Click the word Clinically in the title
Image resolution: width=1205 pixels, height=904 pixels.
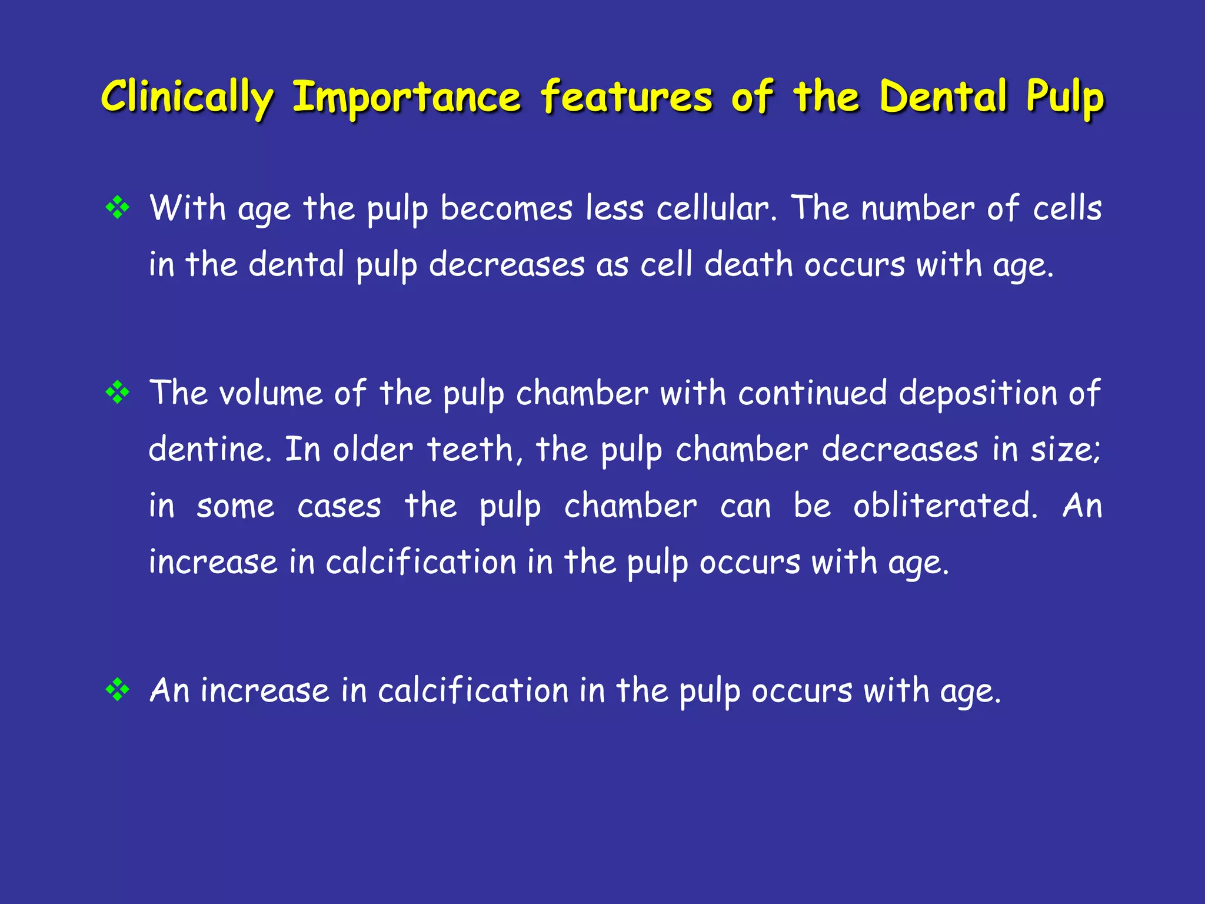click(x=187, y=97)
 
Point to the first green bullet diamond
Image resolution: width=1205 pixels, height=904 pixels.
click(x=118, y=208)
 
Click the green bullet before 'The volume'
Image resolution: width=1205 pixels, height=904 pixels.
click(x=118, y=392)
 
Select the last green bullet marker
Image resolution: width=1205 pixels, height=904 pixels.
click(x=118, y=689)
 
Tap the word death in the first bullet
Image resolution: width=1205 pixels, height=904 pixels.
click(x=748, y=264)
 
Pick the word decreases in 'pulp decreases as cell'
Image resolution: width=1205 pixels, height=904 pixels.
click(x=507, y=264)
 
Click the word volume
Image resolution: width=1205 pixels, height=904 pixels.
click(x=271, y=393)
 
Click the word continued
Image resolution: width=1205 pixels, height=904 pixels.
click(x=812, y=393)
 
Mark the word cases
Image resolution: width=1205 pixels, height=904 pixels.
click(x=339, y=506)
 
